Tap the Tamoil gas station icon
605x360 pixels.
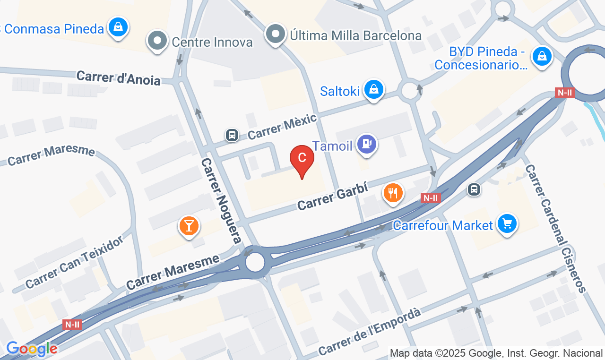(x=366, y=144)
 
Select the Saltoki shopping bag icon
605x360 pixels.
(x=374, y=89)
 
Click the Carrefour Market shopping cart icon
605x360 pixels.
(x=507, y=224)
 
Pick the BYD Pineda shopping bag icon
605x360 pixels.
(x=542, y=57)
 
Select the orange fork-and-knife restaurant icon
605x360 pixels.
(x=393, y=193)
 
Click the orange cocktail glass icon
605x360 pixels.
(x=189, y=226)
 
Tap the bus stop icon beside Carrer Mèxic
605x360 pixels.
(x=232, y=135)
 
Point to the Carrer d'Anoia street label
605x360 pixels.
(x=118, y=78)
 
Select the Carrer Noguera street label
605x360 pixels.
(x=221, y=201)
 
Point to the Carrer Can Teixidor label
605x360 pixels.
(x=74, y=262)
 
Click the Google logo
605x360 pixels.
(x=32, y=349)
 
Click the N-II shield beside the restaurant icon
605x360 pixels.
(x=431, y=198)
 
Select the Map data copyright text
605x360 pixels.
(x=496, y=353)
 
